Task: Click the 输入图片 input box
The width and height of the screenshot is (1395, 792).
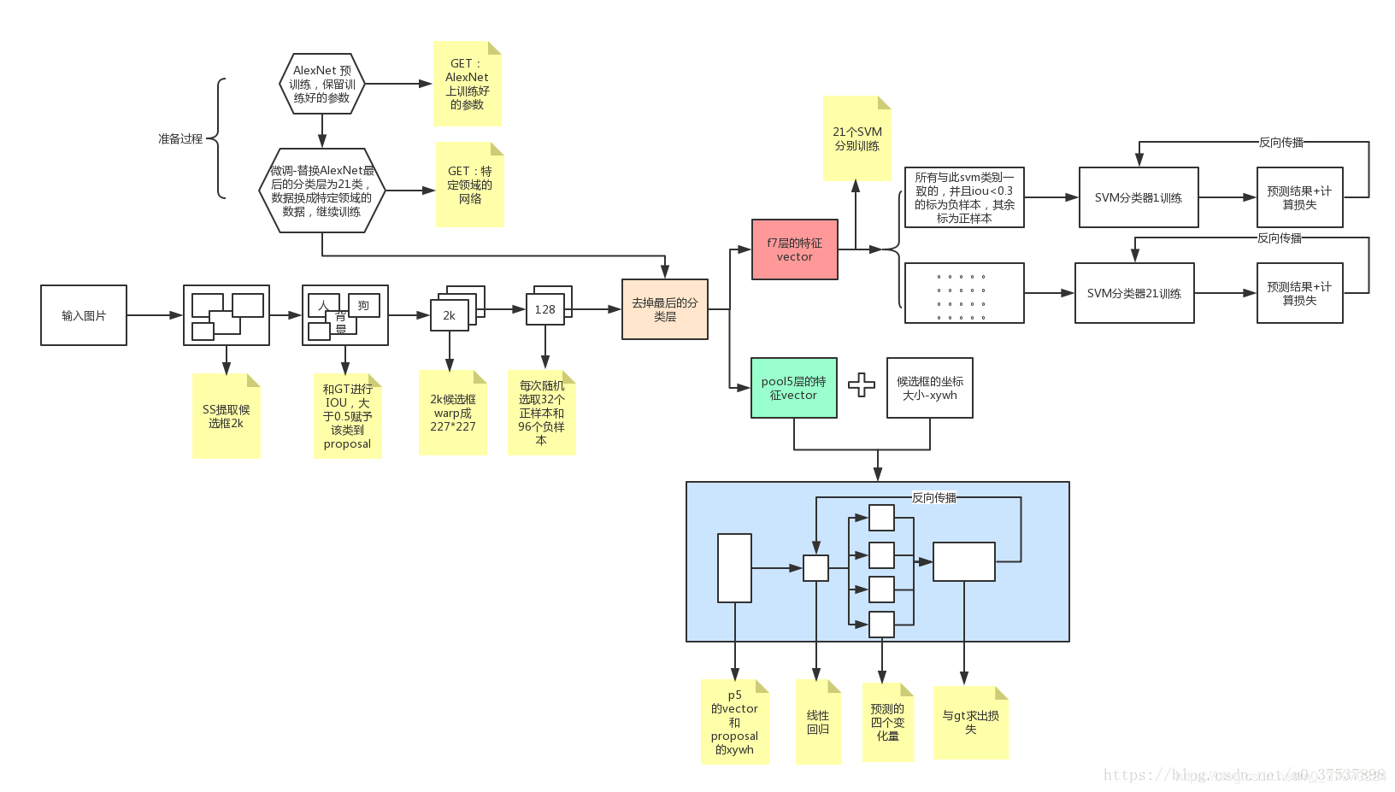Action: [84, 315]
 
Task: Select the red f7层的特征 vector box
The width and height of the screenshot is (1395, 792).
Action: [794, 249]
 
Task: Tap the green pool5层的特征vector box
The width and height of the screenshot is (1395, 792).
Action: [793, 388]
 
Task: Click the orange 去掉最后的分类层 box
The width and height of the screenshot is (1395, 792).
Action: [664, 309]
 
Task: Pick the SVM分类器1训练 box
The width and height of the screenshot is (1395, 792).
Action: [1138, 197]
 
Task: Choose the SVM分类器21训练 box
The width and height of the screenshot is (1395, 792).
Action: [1133, 293]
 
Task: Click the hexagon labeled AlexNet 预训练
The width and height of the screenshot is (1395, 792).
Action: [322, 84]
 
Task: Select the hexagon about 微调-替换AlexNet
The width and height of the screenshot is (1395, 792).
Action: [322, 191]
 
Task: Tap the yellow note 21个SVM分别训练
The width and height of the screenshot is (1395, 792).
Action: [856, 138]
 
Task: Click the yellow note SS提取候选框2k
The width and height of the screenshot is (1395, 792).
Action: [226, 416]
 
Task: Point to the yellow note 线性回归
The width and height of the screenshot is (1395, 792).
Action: [818, 722]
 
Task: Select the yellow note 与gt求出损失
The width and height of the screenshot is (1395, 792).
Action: [970, 723]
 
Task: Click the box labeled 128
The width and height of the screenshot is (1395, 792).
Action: [544, 309]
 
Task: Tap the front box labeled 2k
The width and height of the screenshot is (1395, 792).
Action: [449, 315]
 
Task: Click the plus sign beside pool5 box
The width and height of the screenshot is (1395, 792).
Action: [862, 385]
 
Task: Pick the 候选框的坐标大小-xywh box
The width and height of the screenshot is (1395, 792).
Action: [929, 388]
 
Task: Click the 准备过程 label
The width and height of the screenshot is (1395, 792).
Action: [180, 138]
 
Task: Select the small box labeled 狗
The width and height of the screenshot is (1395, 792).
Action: [364, 305]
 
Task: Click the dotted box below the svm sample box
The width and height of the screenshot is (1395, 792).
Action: [963, 293]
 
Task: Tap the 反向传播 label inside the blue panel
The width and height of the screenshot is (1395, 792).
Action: [933, 497]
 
